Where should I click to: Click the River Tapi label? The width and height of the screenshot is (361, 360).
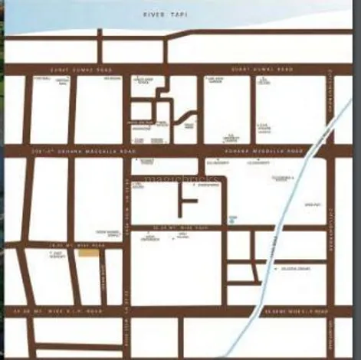[165, 15]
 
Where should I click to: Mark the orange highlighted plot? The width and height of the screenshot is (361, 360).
[90, 253]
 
